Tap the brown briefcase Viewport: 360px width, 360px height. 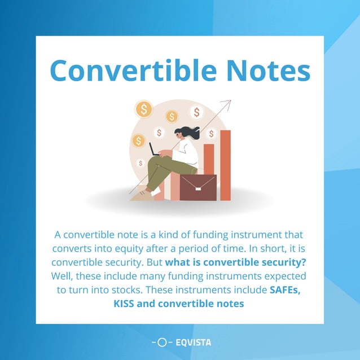(x=197, y=187)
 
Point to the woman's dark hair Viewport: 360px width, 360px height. (x=189, y=133)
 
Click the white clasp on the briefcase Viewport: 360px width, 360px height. (x=197, y=182)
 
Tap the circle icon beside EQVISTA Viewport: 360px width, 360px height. (x=162, y=342)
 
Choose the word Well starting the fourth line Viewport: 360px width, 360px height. (x=64, y=276)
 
